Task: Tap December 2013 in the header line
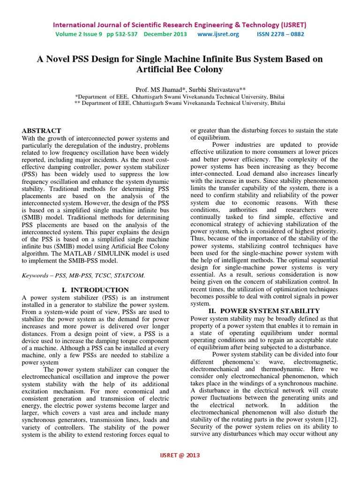click(165, 34)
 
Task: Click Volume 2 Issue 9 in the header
click(76, 34)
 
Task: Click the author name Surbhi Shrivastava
click(202, 90)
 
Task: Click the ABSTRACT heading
click(42, 131)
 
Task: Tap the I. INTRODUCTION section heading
click(96, 291)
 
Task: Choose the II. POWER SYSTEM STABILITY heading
click(264, 311)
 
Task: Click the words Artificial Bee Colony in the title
click(180, 70)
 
